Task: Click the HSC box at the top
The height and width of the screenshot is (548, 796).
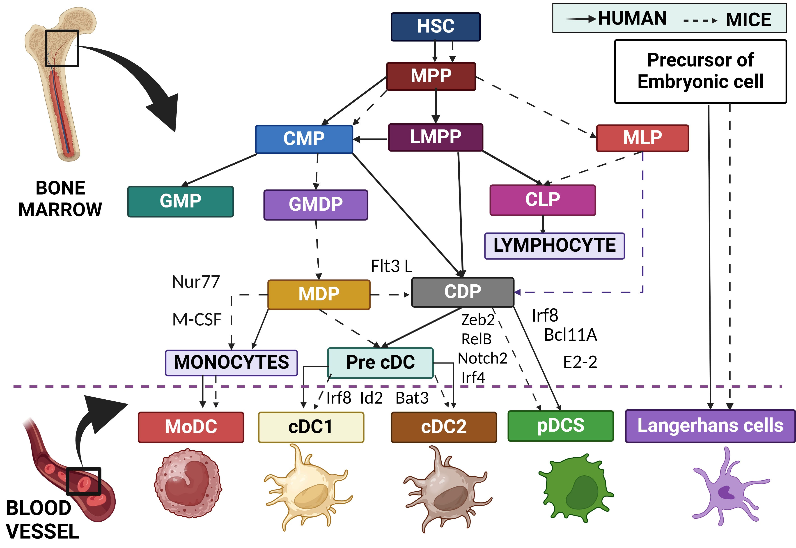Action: pyautogui.click(x=435, y=27)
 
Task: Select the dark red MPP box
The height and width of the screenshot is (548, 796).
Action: pyautogui.click(x=431, y=76)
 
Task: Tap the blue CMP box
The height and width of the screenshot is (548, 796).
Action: pyautogui.click(x=304, y=139)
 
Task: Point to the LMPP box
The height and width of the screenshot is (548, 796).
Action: pyautogui.click(x=435, y=137)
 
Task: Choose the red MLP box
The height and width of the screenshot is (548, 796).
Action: pyautogui.click(x=642, y=138)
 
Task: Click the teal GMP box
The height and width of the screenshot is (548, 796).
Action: pyautogui.click(x=181, y=202)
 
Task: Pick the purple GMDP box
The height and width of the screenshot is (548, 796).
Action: pyautogui.click(x=315, y=205)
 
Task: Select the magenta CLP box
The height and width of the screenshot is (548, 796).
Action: pyautogui.click(x=542, y=200)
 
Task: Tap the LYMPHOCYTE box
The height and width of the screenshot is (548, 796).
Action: pyautogui.click(x=554, y=246)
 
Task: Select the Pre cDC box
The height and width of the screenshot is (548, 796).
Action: pyautogui.click(x=380, y=363)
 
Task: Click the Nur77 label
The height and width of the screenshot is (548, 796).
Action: pyautogui.click(x=196, y=282)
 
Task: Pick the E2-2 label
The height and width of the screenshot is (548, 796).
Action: pyautogui.click(x=580, y=362)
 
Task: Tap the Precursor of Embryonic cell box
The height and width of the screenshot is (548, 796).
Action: pyautogui.click(x=700, y=71)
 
